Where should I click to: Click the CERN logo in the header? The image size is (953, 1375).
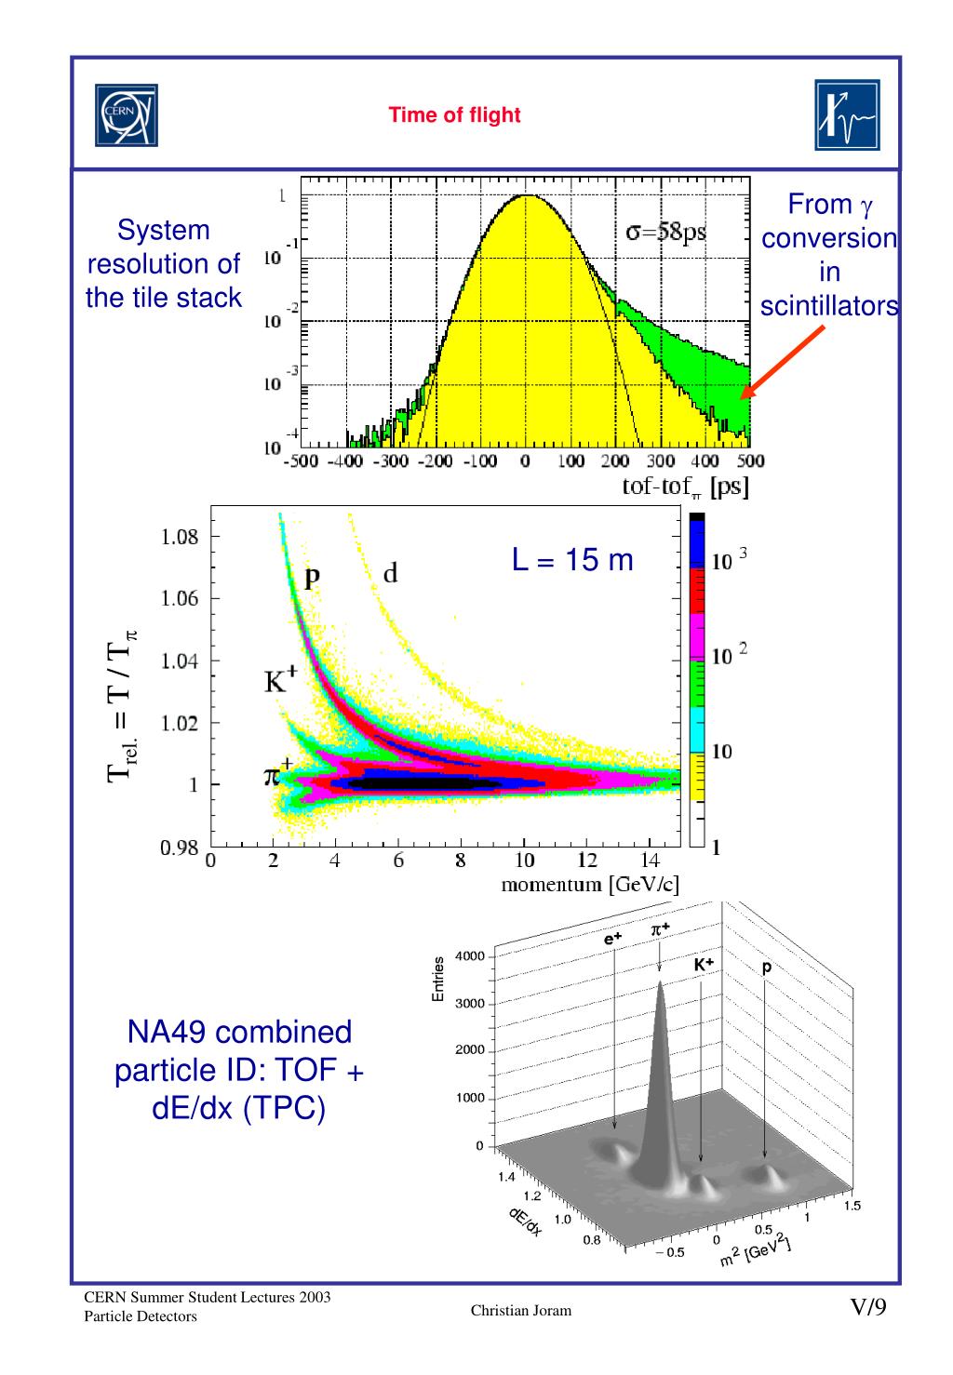tap(126, 114)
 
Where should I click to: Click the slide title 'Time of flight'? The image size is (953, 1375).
tap(454, 115)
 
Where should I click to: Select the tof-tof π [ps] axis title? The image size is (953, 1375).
tap(687, 487)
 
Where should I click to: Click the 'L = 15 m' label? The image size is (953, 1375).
tap(572, 560)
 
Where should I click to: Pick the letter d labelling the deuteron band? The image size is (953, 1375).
tap(391, 574)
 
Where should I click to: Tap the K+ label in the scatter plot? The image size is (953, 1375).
tap(276, 684)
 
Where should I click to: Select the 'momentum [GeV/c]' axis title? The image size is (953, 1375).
tap(589, 885)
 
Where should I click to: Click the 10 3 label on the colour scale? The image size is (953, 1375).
tap(729, 561)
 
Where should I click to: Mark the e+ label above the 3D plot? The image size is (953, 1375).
tap(613, 941)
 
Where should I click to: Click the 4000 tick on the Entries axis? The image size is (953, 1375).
tap(468, 957)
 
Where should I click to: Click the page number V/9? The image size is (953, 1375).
tap(867, 1308)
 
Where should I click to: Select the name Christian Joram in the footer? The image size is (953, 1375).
tap(520, 1311)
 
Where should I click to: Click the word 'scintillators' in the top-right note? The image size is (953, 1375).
tap(828, 307)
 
